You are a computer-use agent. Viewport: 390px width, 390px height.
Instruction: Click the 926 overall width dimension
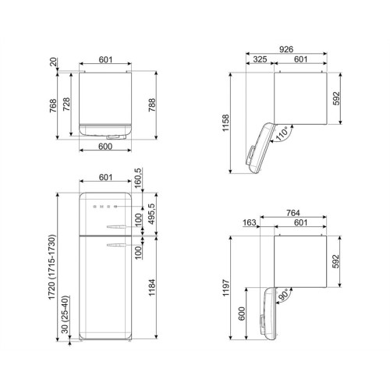pos(286,49)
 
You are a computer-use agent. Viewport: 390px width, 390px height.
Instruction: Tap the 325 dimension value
pos(260,59)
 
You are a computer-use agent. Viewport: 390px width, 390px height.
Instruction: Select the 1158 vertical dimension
pos(225,123)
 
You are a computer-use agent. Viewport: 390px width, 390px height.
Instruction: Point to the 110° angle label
pos(282,134)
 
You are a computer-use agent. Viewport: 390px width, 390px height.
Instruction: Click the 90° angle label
pos(282,295)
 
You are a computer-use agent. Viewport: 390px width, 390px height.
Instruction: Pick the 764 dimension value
pos(293,213)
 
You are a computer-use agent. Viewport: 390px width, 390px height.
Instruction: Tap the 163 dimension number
pos(250,223)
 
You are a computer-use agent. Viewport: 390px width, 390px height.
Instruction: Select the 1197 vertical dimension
pos(225,288)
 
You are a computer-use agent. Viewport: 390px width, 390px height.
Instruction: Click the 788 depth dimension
pos(152,105)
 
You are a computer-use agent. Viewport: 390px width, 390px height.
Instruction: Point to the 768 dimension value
pos(53,105)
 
